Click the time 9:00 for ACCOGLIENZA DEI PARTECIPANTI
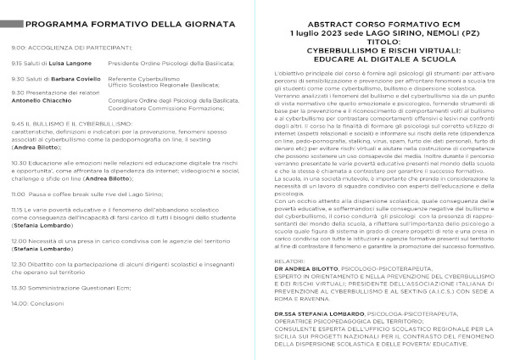[x=18, y=48]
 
